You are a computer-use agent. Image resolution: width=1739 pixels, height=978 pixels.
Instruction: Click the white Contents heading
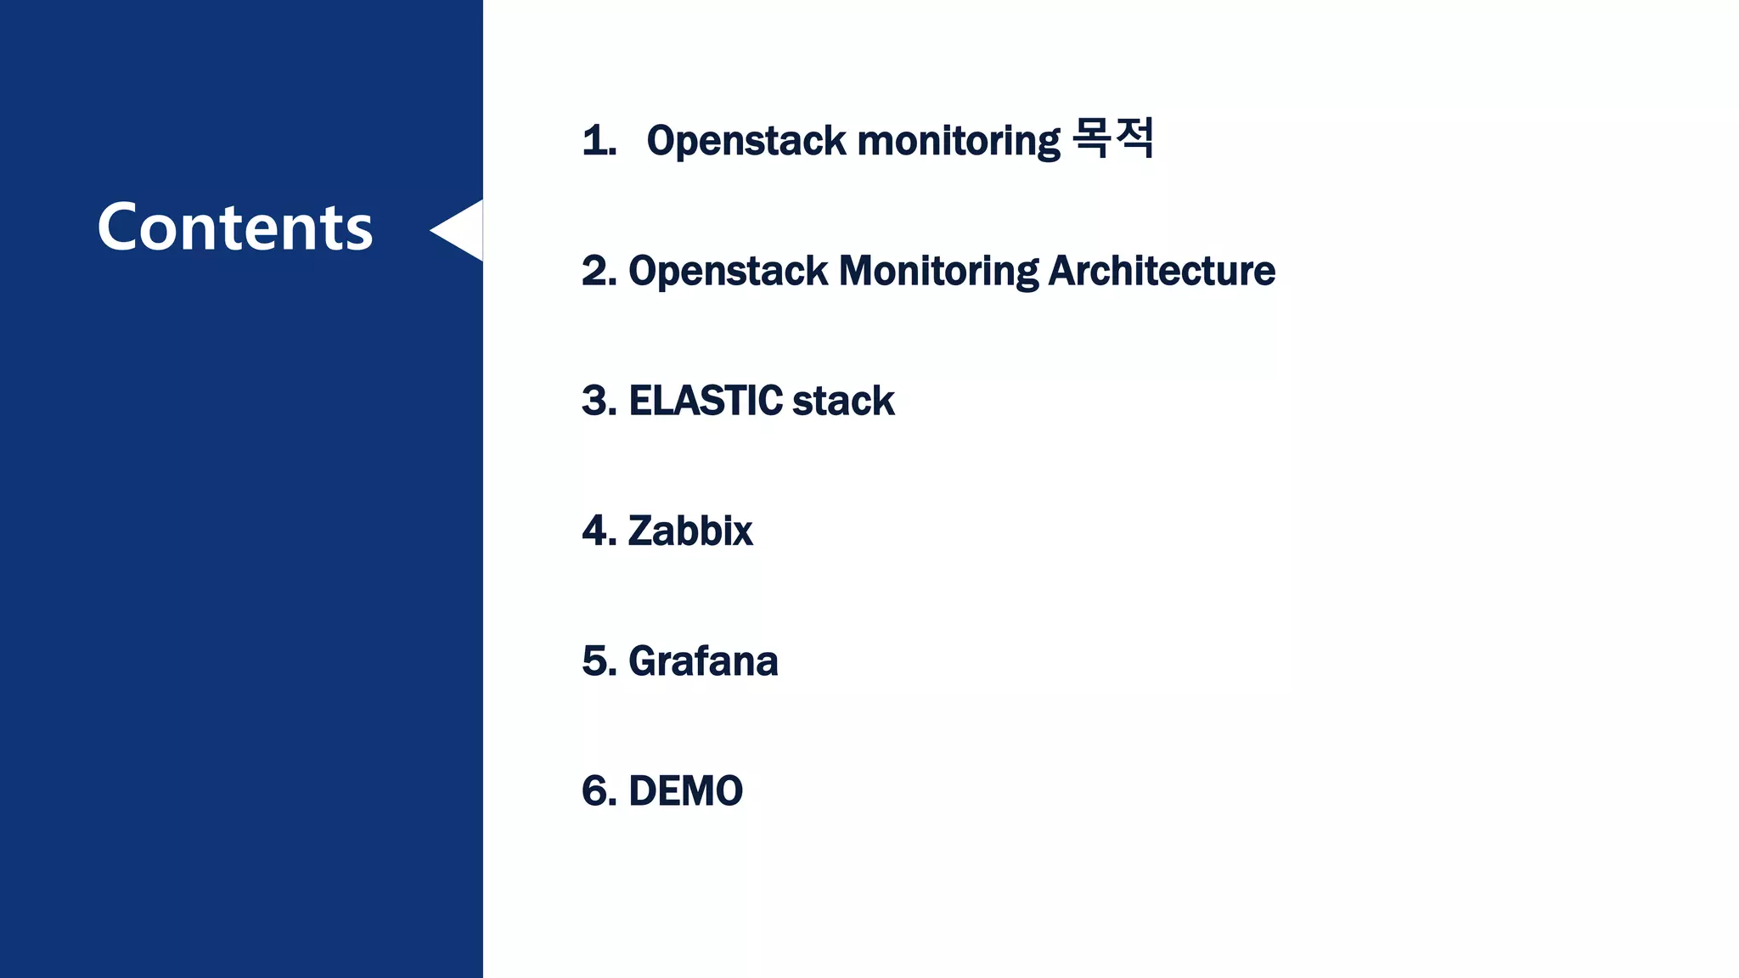(x=235, y=228)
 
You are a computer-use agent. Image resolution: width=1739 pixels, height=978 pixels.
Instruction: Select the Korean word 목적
(x=1112, y=138)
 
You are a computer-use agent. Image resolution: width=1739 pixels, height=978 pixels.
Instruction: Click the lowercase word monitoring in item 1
(x=959, y=141)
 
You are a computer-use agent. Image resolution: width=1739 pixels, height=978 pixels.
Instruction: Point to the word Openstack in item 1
(x=746, y=141)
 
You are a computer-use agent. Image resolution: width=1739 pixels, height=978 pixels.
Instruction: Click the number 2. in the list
(x=599, y=271)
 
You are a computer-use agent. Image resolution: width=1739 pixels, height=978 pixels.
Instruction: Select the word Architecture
(x=1162, y=271)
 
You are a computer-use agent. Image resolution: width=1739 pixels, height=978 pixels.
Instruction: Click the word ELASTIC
(x=705, y=401)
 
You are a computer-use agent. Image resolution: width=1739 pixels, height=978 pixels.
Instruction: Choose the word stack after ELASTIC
(x=843, y=401)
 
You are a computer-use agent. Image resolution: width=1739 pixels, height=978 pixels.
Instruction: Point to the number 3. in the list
(x=599, y=401)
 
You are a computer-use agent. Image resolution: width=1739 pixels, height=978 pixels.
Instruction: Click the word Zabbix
(x=689, y=531)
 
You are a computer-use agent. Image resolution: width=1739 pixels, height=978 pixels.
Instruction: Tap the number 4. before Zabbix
(x=599, y=531)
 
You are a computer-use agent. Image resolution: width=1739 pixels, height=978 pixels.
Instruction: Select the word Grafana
(x=702, y=661)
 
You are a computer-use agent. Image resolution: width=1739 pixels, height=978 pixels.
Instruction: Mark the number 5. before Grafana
(x=599, y=661)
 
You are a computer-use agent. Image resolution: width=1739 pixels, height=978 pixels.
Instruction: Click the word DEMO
(x=685, y=791)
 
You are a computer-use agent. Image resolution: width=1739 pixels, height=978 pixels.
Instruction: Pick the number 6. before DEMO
(x=599, y=791)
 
